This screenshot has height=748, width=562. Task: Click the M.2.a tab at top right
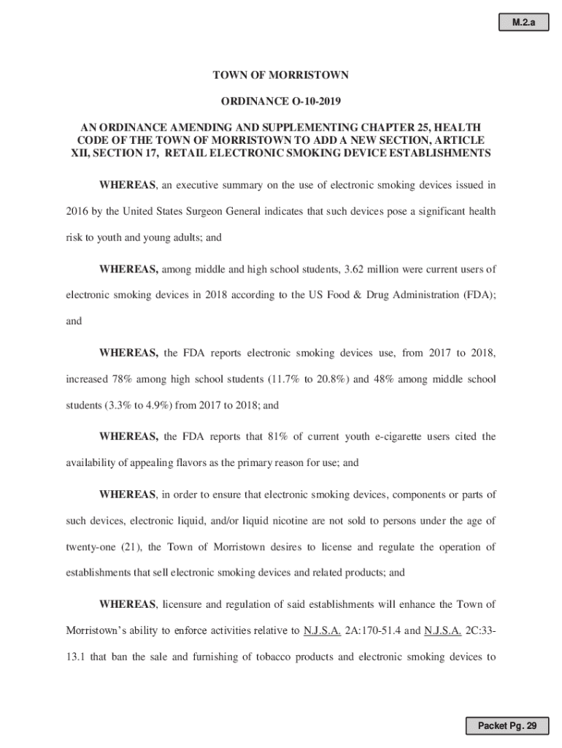pyautogui.click(x=523, y=23)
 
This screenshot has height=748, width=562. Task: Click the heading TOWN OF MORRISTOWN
pyautogui.click(x=280, y=75)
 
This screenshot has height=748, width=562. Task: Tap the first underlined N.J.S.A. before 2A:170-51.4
pyautogui.click(x=320, y=630)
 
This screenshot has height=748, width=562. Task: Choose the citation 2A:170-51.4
pyautogui.click(x=374, y=630)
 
